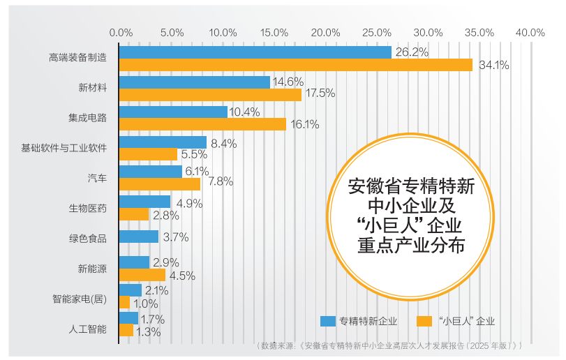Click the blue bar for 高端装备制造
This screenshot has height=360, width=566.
click(x=255, y=52)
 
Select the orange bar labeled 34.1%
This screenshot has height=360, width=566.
click(x=295, y=65)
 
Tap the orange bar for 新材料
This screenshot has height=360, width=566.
click(x=210, y=94)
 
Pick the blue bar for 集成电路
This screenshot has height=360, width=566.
click(x=173, y=112)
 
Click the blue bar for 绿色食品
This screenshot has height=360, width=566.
click(x=139, y=237)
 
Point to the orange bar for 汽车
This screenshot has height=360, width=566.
click(x=160, y=183)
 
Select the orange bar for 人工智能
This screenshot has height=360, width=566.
click(x=126, y=331)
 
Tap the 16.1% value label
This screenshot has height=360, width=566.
click(x=304, y=125)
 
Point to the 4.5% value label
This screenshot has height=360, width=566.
click(x=182, y=276)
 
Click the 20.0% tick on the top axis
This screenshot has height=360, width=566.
click(x=325, y=33)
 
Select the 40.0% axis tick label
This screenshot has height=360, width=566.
click(x=530, y=33)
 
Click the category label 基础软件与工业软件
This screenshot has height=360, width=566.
click(x=64, y=149)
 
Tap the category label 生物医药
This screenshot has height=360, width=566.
click(x=87, y=208)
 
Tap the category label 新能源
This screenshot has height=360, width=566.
click(x=92, y=268)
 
